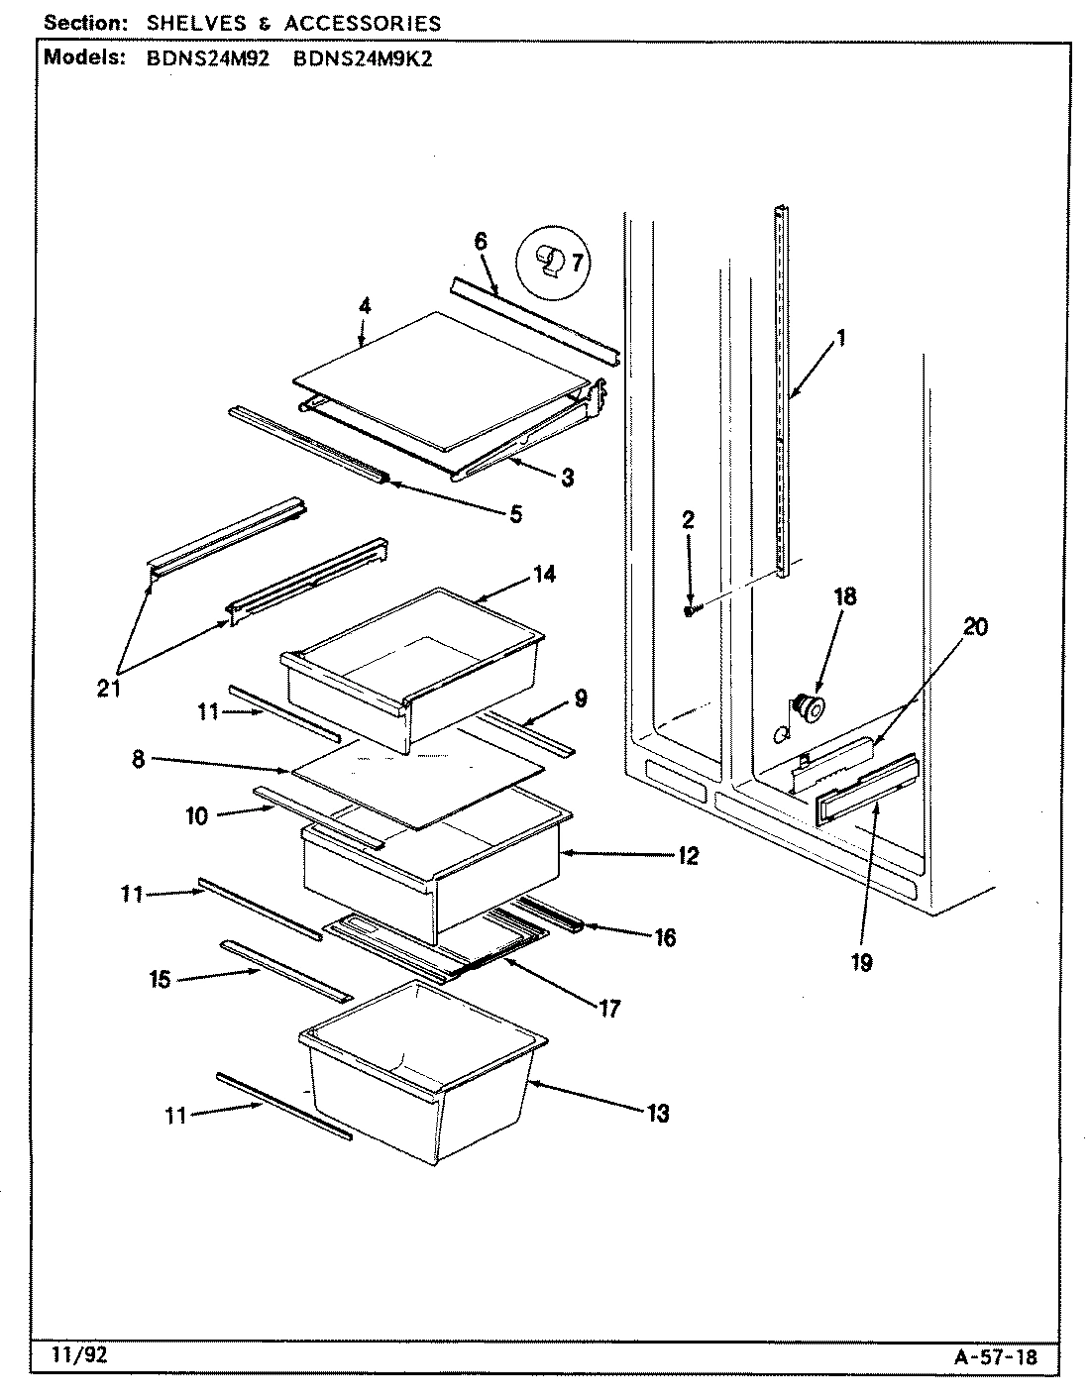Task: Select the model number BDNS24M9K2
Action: (363, 57)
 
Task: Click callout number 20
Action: (975, 627)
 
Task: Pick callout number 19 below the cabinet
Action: (861, 960)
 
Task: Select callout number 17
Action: (608, 1009)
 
